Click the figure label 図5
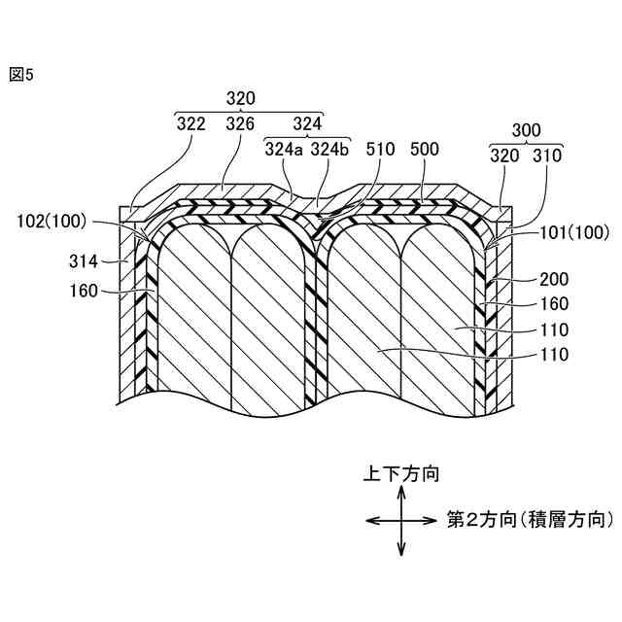20,75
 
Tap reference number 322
190,124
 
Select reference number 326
240,124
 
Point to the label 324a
284,150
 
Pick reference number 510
382,150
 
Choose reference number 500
425,150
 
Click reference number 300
524,128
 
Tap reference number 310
547,153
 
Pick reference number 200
554,278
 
